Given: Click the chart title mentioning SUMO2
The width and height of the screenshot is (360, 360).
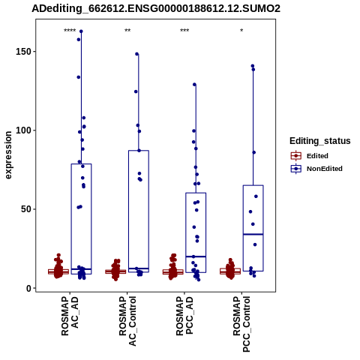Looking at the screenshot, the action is tap(156, 8).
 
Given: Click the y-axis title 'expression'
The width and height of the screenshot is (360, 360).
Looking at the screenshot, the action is tap(8, 155).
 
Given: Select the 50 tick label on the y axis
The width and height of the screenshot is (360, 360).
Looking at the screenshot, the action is tap(27, 209).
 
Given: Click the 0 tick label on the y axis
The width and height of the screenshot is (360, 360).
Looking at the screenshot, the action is tap(29, 288).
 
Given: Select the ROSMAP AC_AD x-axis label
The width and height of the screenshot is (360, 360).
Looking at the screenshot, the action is tap(70, 316).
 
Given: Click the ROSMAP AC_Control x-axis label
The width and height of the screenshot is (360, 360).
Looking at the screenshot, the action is tap(127, 321).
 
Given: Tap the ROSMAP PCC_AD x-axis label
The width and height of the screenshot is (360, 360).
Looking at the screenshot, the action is tap(184, 316).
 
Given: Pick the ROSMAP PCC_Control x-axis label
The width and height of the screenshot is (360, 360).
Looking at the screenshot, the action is tap(241, 324).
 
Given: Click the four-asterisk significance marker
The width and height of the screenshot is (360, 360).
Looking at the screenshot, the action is tap(70, 31).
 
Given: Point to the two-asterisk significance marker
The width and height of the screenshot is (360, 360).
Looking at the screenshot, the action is tap(127, 31).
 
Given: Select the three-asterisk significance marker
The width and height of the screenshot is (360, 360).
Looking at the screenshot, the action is tap(184, 31).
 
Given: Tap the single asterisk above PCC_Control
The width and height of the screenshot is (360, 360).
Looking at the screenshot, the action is tap(241, 31).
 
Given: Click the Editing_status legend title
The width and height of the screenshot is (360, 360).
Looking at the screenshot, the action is tap(320, 141).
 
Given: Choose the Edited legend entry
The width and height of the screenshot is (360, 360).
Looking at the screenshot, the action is tap(310, 156).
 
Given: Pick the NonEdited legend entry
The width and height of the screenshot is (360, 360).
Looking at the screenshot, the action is tap(316, 169).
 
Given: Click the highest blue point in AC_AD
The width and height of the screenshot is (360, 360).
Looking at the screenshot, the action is tap(81, 31).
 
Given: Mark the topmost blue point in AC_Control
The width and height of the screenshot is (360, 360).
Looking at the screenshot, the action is tap(137, 54).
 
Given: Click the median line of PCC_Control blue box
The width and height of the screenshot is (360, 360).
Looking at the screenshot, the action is tap(253, 234).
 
